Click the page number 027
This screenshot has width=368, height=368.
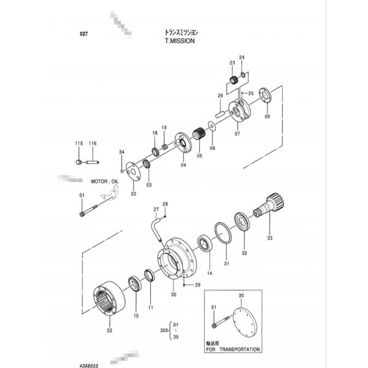coord(84,35)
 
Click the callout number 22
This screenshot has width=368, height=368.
coord(109,330)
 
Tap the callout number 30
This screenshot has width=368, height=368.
coord(174,295)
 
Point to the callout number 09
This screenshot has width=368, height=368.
coord(266,117)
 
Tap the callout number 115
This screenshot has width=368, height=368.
coord(79,144)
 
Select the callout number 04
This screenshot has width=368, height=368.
coord(183,165)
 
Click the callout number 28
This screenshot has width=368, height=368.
coord(164,204)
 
